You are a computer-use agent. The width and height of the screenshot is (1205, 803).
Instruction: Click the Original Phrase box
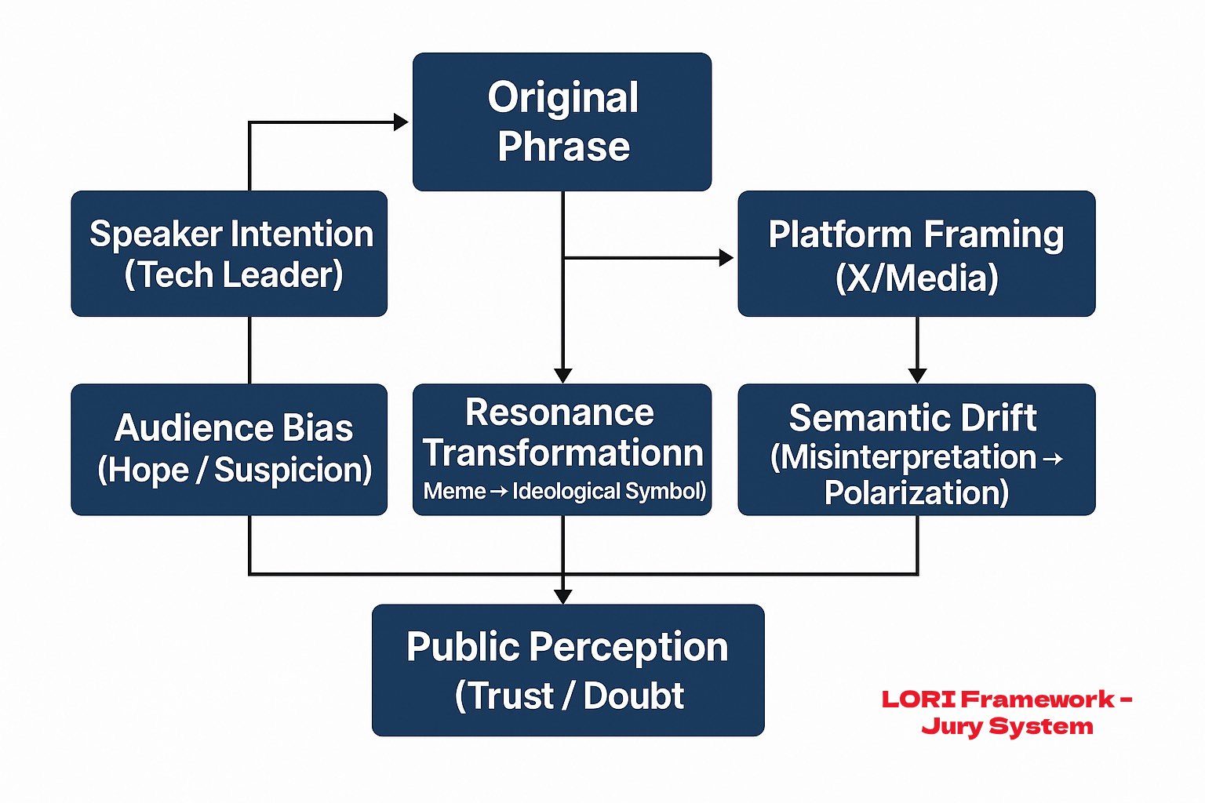coord(562,122)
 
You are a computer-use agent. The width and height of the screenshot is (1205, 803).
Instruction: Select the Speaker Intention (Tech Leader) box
coord(229,253)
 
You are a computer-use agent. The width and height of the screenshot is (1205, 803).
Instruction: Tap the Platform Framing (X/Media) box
coord(916,253)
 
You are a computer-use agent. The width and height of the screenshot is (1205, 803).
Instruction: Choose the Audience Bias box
coord(229,449)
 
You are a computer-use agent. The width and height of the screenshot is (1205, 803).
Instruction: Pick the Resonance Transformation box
coord(562,449)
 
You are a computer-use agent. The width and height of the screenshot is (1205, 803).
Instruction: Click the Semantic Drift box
coord(916,449)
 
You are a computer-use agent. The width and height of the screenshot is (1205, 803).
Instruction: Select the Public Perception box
coord(568,670)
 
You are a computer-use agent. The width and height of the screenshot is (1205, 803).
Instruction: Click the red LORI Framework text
coord(1007,699)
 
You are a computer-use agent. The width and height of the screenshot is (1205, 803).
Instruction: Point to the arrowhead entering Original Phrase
coord(401,122)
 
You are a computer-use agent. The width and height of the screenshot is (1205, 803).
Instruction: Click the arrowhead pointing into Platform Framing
coord(726,257)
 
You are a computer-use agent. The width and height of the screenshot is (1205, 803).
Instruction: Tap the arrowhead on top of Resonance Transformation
coord(562,376)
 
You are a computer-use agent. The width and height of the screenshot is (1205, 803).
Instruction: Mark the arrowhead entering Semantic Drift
coord(917,376)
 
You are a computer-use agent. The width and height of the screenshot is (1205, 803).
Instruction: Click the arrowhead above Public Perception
coord(562,596)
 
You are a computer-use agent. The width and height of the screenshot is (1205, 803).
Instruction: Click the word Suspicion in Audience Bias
coord(293,471)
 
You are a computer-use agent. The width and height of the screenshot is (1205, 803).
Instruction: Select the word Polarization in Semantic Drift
coord(916,492)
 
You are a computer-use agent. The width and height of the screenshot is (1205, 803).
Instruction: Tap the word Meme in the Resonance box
coord(454,492)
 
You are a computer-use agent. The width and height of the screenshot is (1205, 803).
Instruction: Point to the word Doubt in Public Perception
coord(634,696)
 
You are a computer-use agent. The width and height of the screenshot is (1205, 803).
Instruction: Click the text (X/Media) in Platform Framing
coord(916,278)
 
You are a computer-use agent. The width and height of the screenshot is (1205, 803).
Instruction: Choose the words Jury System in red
coord(1007,726)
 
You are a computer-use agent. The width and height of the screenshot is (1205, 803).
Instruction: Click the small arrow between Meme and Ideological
coord(499,492)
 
